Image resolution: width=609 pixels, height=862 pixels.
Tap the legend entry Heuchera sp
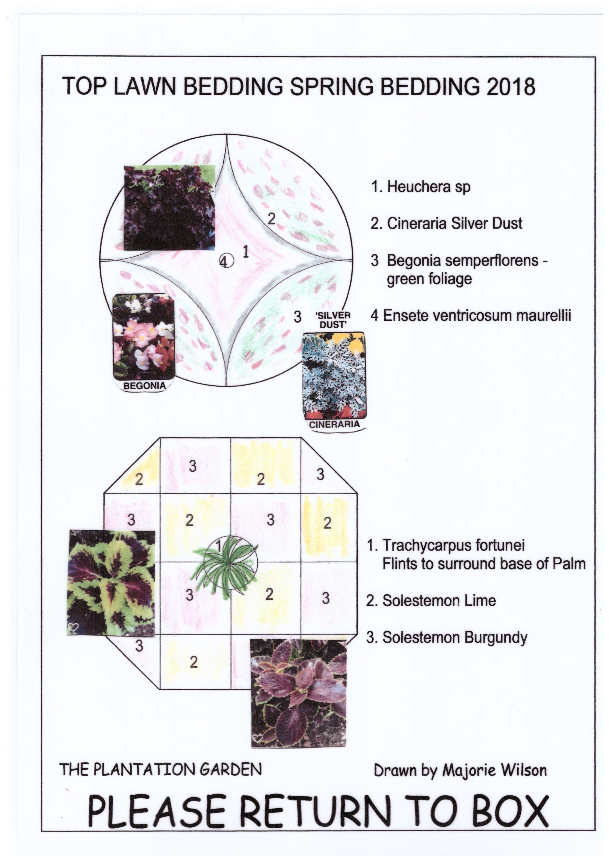tap(421, 187)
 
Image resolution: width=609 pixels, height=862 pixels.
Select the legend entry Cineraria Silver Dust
tap(446, 223)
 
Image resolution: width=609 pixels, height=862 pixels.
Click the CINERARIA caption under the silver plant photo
tap(334, 424)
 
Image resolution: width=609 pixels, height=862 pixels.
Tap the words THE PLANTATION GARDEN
tap(161, 770)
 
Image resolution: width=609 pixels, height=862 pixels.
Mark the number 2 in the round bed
tap(271, 219)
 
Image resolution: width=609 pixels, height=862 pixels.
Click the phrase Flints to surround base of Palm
tap(484, 564)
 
